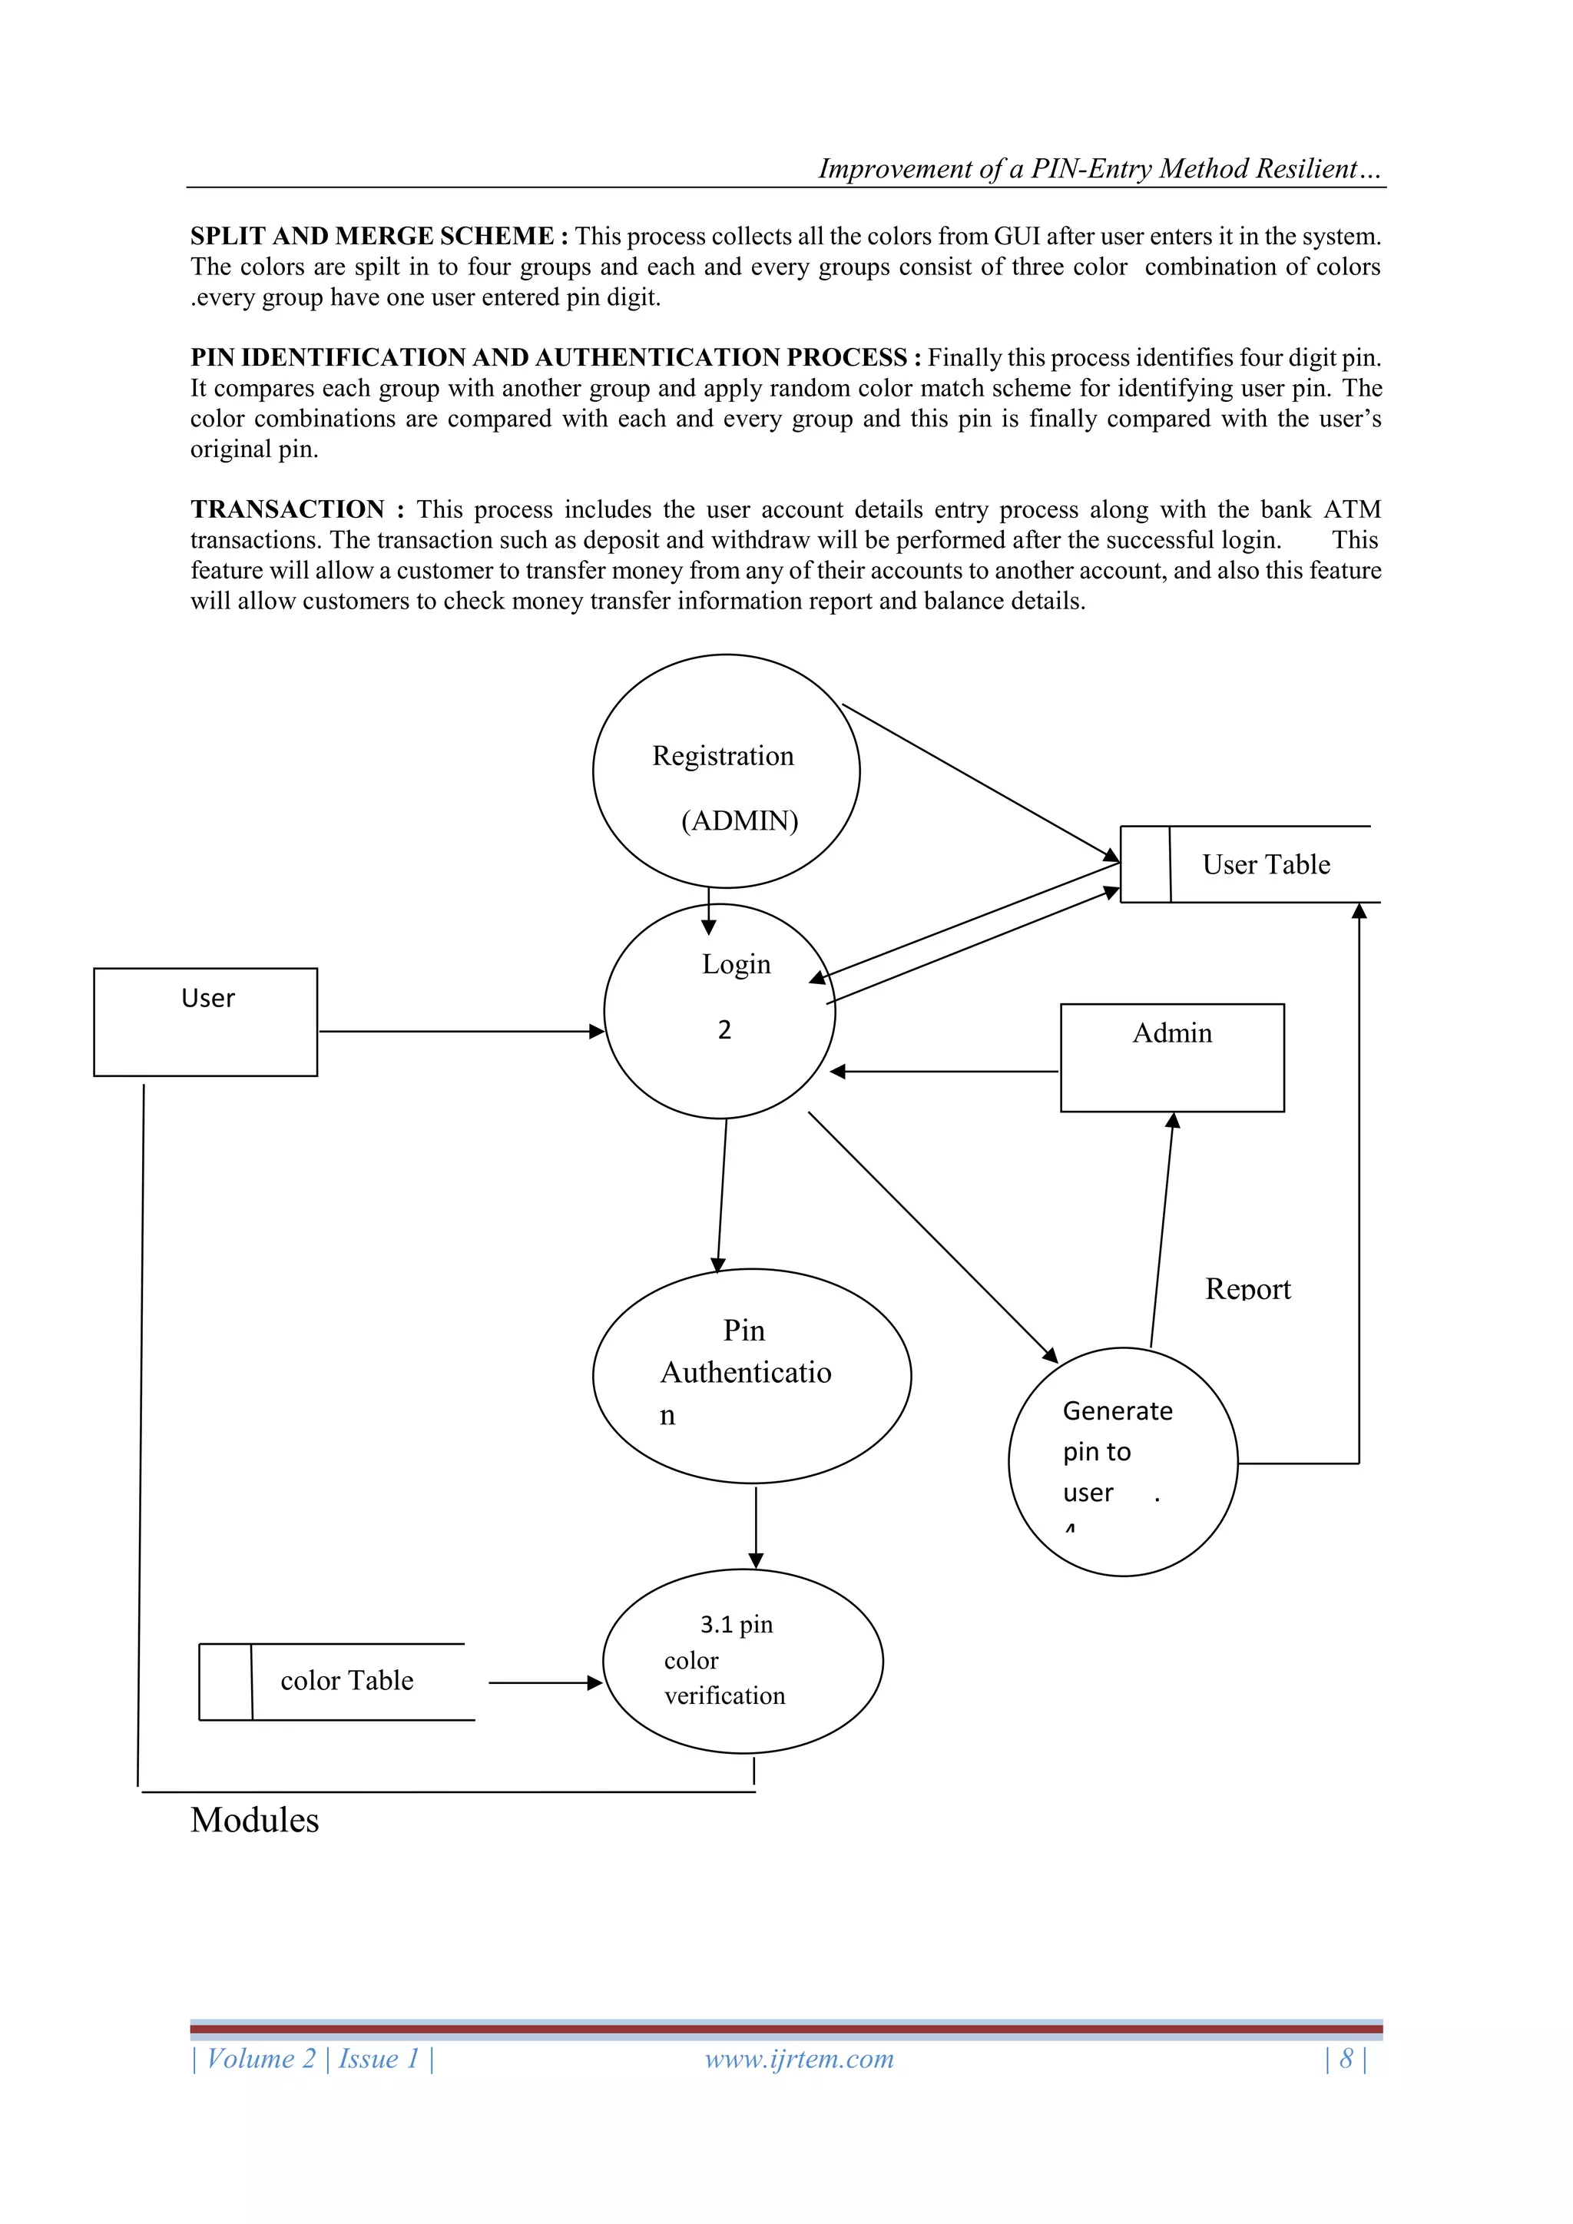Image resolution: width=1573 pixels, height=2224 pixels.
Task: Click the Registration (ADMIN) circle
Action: [726, 771]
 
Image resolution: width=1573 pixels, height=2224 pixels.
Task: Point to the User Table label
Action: [1266, 864]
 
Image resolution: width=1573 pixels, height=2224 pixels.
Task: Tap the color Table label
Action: [346, 1681]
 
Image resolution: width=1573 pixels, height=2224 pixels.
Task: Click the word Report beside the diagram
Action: [1247, 1289]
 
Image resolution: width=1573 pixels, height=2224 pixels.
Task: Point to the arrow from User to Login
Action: [460, 1032]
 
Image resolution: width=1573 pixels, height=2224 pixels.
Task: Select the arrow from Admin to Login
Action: [945, 1072]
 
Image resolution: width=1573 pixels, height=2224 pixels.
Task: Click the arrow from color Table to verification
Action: [545, 1682]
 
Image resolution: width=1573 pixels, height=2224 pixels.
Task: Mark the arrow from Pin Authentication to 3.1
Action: [756, 1526]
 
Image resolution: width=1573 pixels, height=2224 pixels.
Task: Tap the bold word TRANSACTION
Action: [288, 509]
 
